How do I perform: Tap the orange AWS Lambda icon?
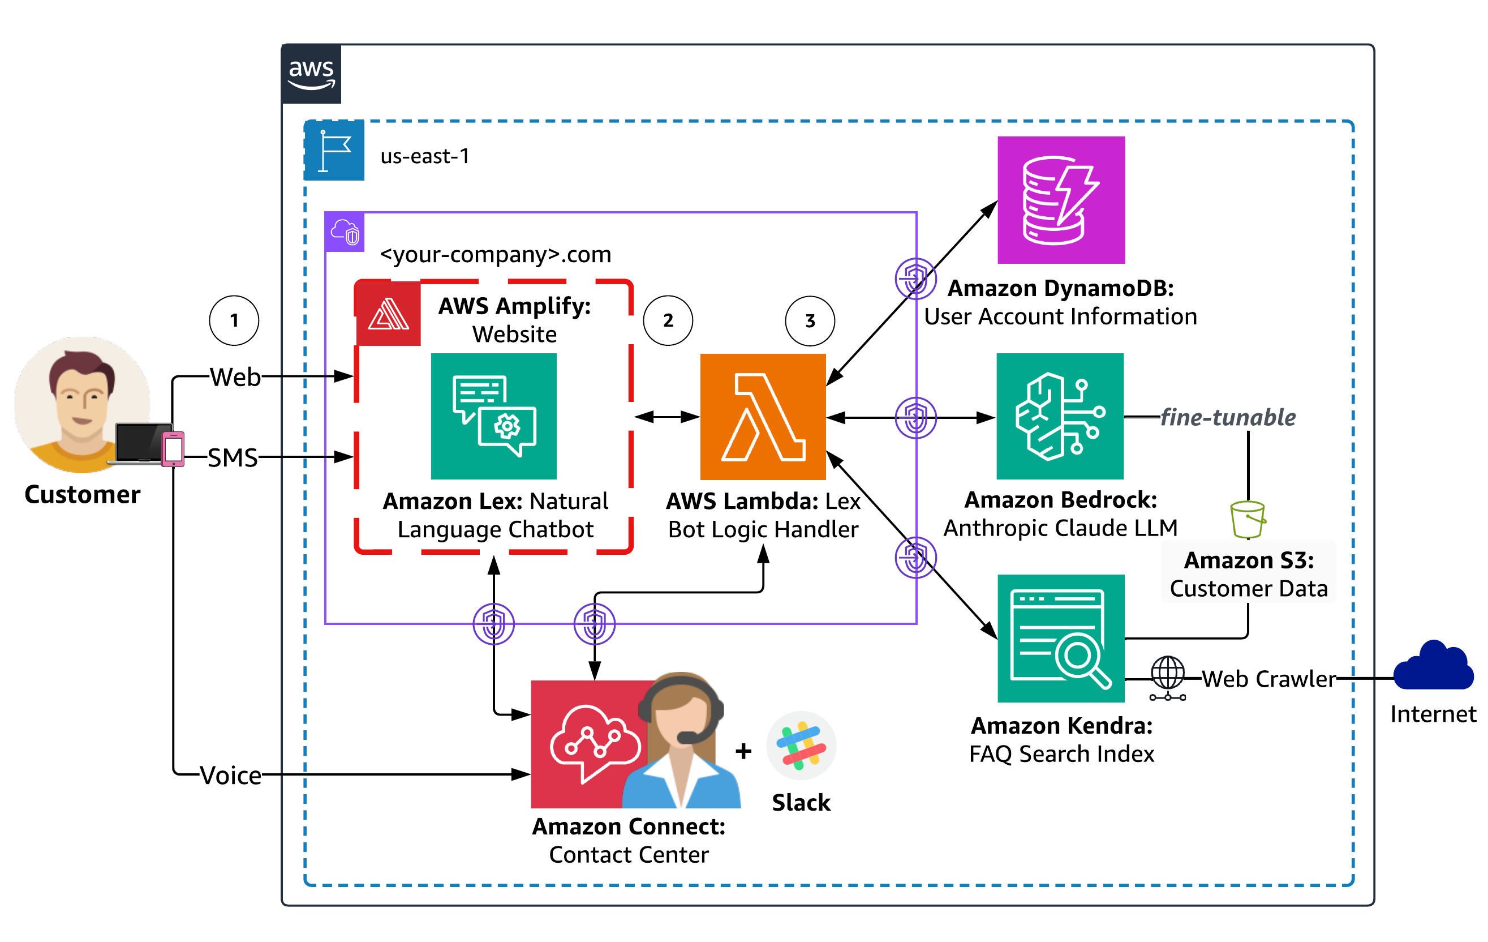763,417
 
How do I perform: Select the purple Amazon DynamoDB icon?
1060,200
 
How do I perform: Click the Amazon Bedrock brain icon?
1059,416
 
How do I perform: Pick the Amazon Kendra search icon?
1060,638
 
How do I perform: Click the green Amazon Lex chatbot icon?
493,416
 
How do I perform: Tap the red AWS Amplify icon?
388,314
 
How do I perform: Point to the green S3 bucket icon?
1247,519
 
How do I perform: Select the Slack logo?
801,746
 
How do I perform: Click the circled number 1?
234,320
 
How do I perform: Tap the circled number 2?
668,320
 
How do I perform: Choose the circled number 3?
810,321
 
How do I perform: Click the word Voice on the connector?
230,775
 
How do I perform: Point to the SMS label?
233,457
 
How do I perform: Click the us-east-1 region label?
424,156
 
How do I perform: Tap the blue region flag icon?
334,150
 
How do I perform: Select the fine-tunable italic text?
1227,417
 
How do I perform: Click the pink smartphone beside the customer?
173,449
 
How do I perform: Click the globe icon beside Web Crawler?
1167,675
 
